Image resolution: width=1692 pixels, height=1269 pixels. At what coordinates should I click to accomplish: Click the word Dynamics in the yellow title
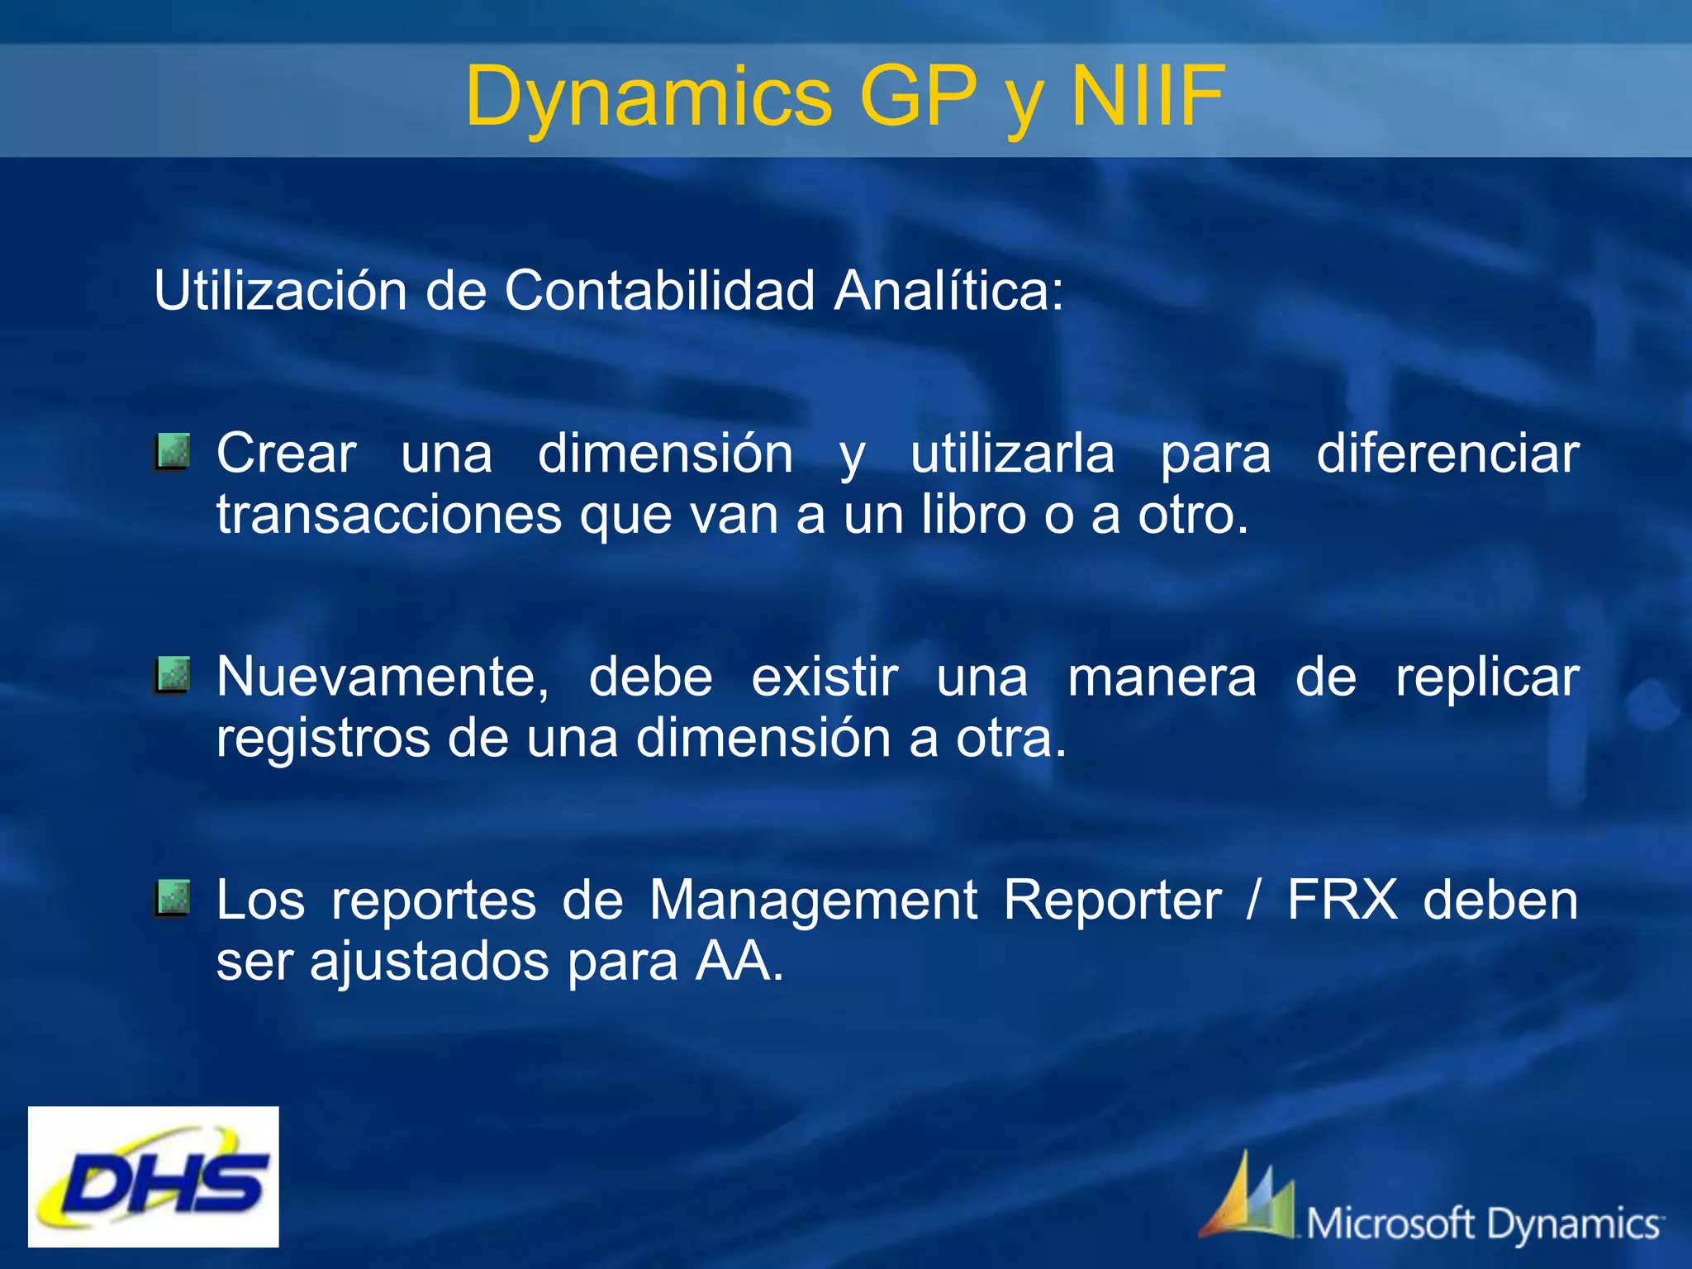coord(649,97)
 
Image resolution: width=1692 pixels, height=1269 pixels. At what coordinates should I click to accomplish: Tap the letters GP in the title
coord(917,97)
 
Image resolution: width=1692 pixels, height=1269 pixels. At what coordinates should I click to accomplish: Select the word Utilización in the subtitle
coord(280,291)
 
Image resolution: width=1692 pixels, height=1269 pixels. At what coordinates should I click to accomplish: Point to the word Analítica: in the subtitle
coord(949,291)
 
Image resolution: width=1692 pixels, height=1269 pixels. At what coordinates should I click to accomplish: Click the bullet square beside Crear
coord(172,452)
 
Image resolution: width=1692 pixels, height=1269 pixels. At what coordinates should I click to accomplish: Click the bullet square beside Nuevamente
coord(172,675)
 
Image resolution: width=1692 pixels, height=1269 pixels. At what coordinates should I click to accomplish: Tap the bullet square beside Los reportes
coord(172,898)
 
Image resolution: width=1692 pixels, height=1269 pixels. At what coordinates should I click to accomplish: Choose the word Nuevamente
coord(382,677)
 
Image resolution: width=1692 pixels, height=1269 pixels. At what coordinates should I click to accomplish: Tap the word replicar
coord(1486,677)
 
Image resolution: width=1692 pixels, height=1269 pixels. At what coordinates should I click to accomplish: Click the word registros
coord(322,738)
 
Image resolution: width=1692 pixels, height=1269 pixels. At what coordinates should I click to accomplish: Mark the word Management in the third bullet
coord(813,900)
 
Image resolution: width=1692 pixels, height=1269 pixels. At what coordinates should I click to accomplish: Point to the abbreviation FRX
coord(1343,900)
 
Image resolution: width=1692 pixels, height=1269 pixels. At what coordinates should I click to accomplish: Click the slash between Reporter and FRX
coord(1254,900)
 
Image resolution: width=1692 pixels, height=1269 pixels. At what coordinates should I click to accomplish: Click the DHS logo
coord(154,1176)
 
